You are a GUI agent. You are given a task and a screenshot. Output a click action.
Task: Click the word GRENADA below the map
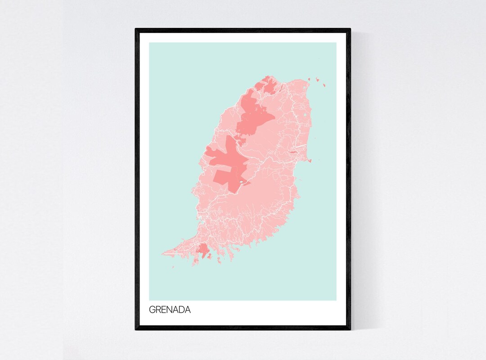tap(170, 310)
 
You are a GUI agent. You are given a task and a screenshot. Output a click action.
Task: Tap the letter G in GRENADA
tap(152, 310)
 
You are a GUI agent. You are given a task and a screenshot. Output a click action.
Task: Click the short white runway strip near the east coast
tap(300, 147)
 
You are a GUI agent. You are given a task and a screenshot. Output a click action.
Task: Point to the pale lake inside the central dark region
tap(243, 182)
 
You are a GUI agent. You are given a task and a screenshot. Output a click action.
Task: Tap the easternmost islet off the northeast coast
tap(323, 84)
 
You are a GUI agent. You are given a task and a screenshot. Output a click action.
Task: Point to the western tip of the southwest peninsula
tap(163, 253)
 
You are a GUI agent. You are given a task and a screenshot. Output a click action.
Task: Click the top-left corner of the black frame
tap(136, 29)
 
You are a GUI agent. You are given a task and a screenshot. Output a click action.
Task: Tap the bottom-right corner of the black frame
tap(350, 329)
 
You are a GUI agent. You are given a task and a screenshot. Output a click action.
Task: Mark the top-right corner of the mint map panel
tap(336, 43)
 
